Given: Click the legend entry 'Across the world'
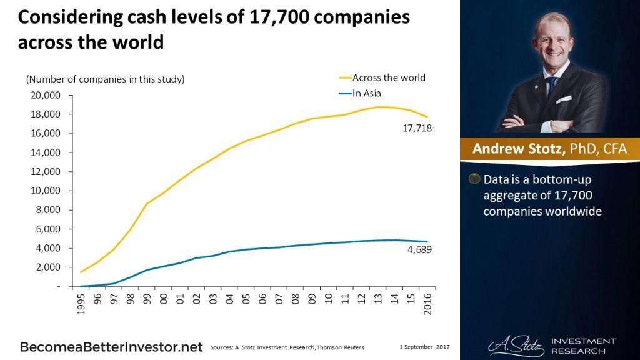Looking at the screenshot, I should click(388, 78).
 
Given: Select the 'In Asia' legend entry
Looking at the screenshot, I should click(366, 94).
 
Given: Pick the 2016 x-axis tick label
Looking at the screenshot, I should click(428, 304).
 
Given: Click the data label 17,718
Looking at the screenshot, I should click(418, 129).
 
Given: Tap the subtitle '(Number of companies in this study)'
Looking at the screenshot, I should click(105, 79).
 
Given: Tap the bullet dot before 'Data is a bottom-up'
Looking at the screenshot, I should click(474, 179).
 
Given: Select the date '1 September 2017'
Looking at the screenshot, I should click(425, 346).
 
